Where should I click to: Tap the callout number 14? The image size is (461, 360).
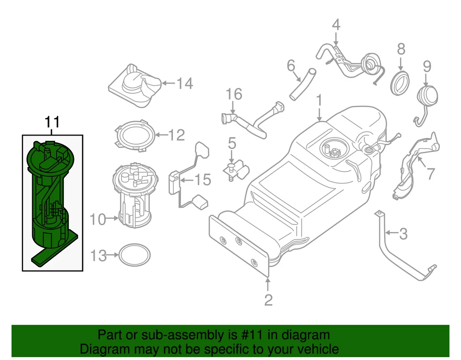click(x=184, y=84)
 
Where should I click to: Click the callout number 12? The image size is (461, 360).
click(x=176, y=135)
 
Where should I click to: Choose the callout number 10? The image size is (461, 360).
click(x=97, y=220)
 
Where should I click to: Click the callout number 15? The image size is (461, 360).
click(x=203, y=180)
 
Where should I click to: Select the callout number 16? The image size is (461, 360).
click(x=234, y=94)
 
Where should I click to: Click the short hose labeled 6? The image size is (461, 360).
click(x=303, y=85)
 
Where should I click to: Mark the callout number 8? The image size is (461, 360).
click(x=400, y=49)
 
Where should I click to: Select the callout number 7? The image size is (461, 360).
click(x=430, y=174)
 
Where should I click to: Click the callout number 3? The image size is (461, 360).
click(x=403, y=234)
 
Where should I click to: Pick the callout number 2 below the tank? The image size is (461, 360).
click(x=268, y=300)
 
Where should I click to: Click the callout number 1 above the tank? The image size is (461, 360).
click(x=319, y=100)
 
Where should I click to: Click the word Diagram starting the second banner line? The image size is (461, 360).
click(x=101, y=348)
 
